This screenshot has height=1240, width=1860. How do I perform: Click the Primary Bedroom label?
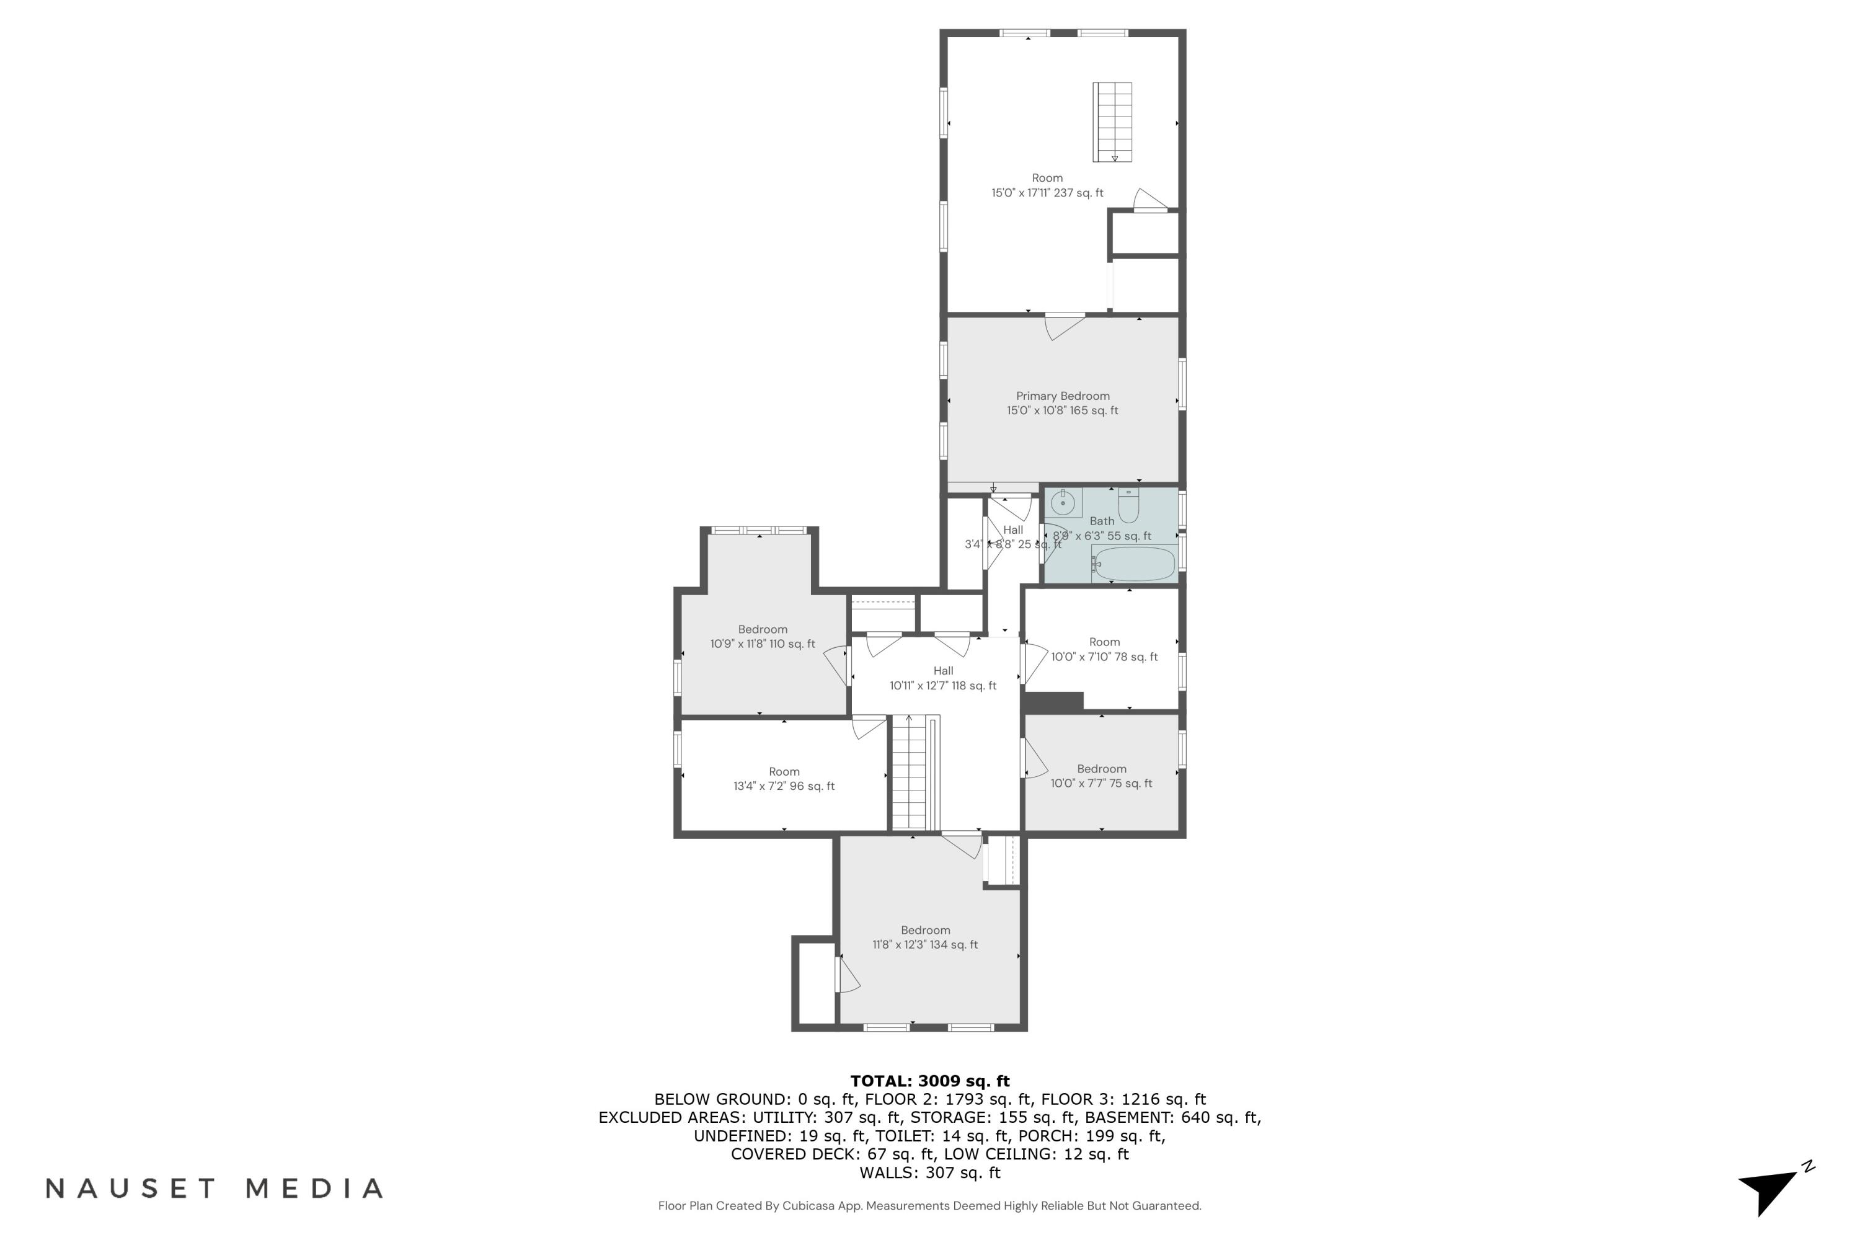1062,396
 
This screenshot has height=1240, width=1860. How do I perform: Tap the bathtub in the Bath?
1133,563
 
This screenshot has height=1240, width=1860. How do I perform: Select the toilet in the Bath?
1128,505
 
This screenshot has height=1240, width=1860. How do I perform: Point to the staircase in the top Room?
1112,122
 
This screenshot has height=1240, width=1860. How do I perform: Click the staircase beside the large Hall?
910,773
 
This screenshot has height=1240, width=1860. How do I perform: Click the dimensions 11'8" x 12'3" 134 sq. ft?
925,944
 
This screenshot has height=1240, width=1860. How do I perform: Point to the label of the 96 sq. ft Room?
784,772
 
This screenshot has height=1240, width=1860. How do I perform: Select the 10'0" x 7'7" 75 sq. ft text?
1101,783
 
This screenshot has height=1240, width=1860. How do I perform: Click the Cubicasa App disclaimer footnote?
929,1206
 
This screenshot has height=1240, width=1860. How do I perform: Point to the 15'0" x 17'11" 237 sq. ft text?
1047,192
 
